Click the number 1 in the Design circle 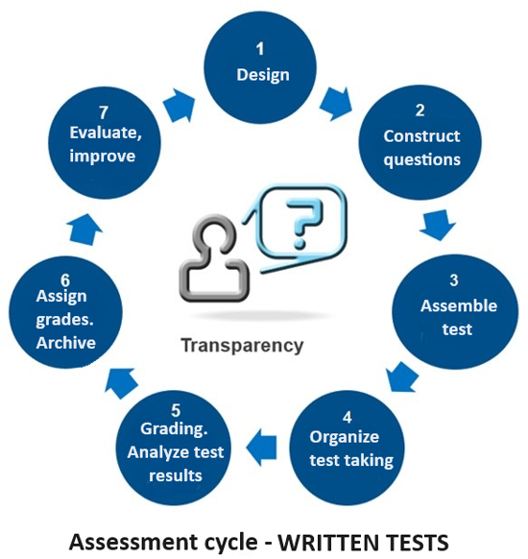[260, 49]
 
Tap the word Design [263, 75]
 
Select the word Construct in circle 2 [421, 136]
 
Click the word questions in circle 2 [421, 159]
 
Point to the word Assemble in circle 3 [459, 305]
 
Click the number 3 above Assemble [453, 280]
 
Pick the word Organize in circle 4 [344, 437]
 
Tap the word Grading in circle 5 [174, 429]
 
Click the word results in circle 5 [176, 475]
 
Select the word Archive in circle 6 [66, 343]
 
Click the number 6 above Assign [65, 280]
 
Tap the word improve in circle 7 [103, 157]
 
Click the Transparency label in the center [242, 346]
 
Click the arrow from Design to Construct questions [336, 103]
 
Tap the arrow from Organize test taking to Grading [261, 447]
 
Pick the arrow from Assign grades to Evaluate [84, 230]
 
